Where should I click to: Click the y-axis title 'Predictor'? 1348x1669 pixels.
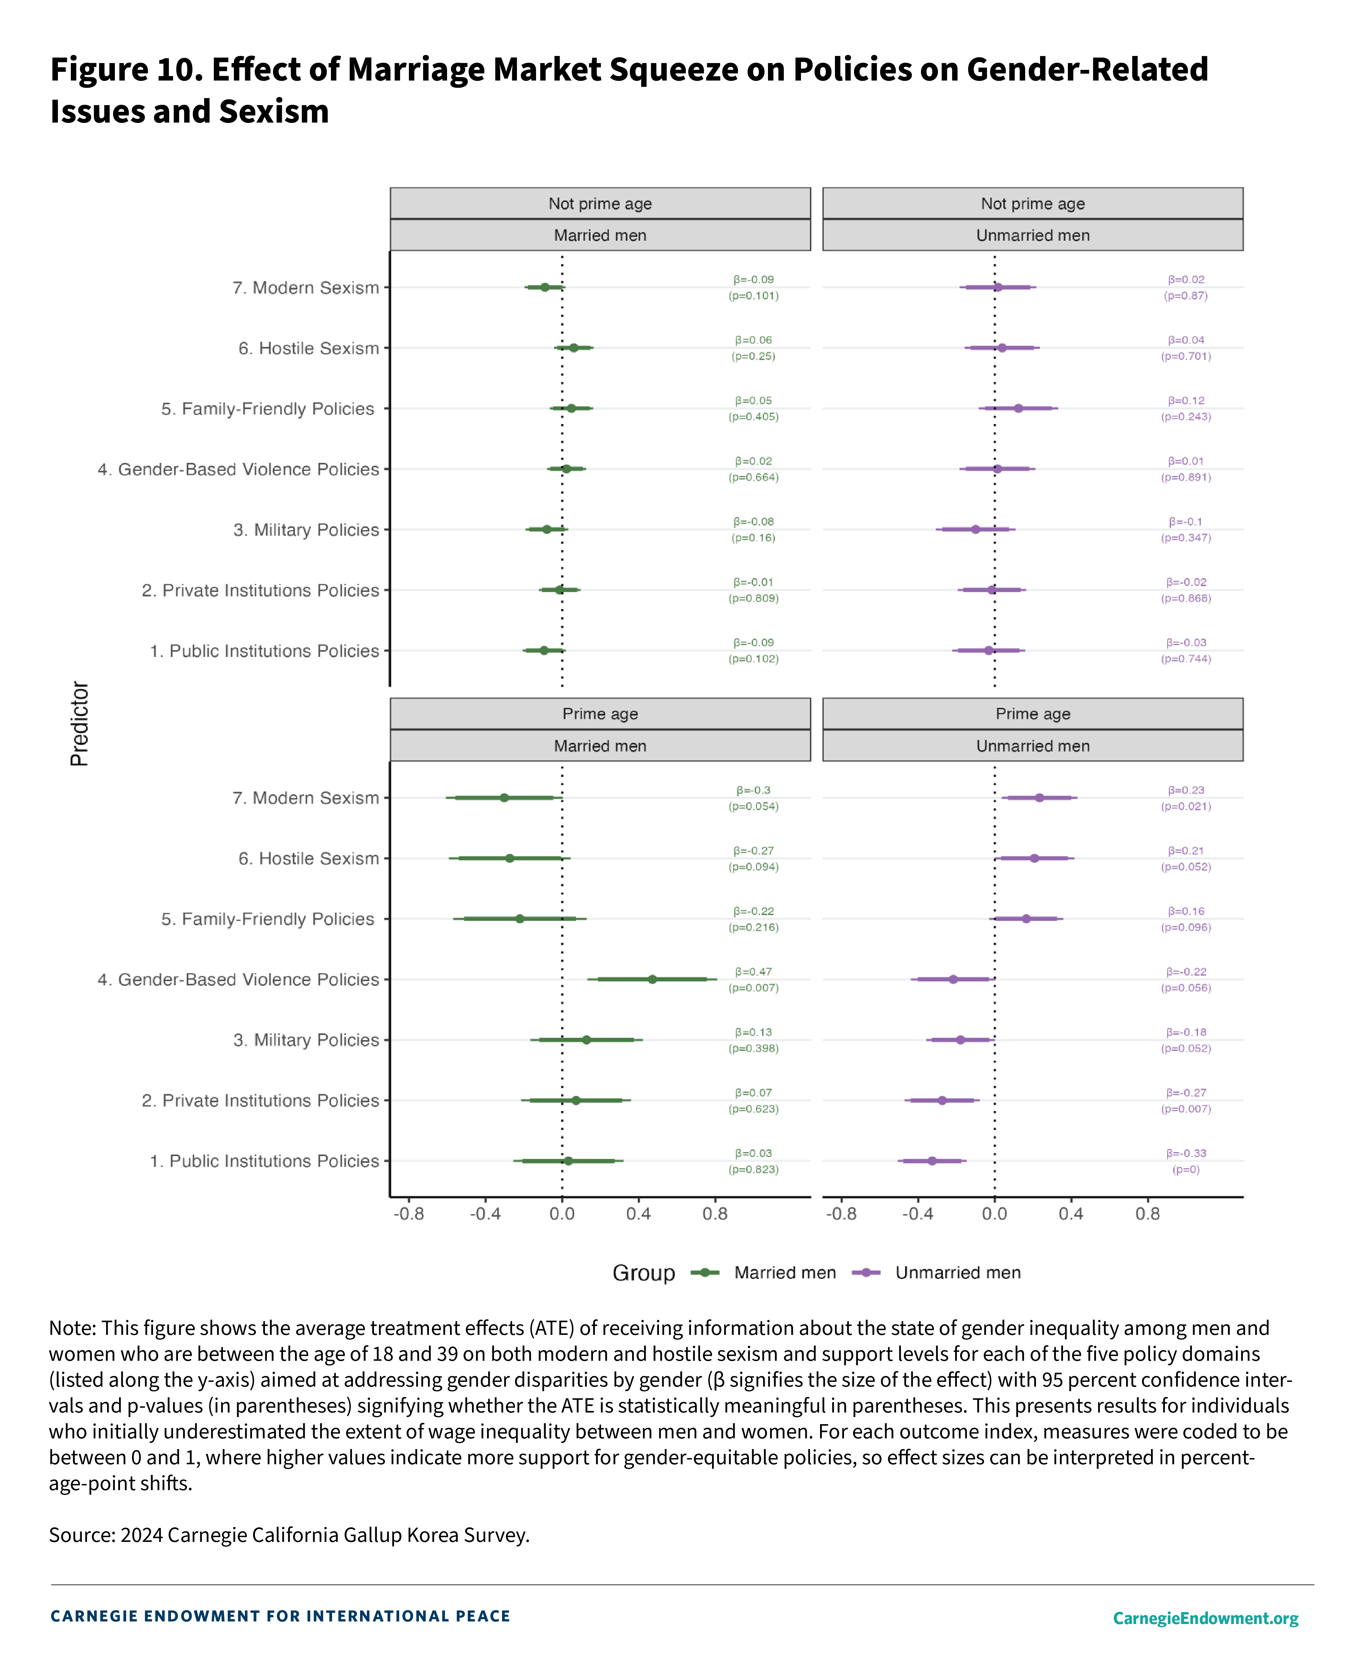click(x=80, y=724)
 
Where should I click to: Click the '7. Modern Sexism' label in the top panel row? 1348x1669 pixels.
click(x=306, y=288)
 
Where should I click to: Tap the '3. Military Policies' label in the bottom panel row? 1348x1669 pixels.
click(x=306, y=1040)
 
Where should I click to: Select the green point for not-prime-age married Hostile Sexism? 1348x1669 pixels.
click(x=574, y=348)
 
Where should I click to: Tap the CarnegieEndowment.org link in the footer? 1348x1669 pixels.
click(x=1205, y=1618)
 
